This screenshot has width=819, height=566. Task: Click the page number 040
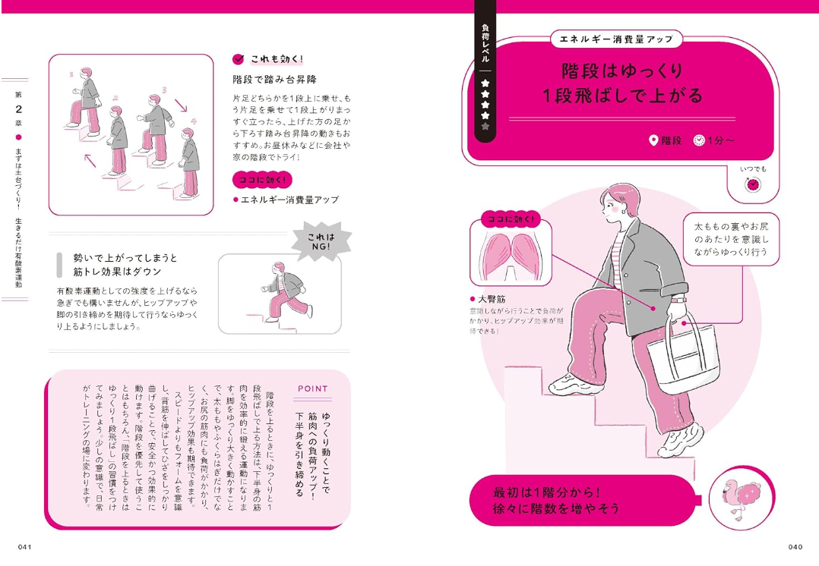tap(795, 547)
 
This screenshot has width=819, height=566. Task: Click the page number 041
tap(25, 547)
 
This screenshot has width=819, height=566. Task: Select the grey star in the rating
tap(485, 126)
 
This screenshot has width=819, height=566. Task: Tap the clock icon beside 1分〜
tap(699, 140)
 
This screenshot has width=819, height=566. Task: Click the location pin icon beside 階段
tap(653, 140)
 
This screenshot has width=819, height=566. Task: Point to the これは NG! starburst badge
tap(321, 241)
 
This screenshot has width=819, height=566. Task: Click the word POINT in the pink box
tap(313, 388)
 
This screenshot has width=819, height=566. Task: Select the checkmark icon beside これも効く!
tap(239, 59)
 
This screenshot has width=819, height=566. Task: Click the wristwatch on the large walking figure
tap(678, 300)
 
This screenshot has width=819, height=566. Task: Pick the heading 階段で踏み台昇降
tap(275, 80)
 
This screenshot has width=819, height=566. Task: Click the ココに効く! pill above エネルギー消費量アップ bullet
tap(262, 180)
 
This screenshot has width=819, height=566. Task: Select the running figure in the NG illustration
tap(286, 291)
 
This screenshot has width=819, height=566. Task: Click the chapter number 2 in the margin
tap(19, 109)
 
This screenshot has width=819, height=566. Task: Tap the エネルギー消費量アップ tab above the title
tap(616, 39)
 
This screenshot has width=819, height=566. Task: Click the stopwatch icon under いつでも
tap(753, 184)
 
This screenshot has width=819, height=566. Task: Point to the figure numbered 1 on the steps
tap(84, 101)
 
